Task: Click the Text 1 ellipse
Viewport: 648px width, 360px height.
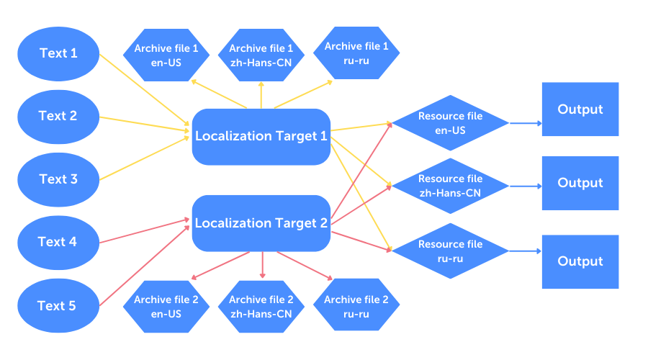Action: pos(58,54)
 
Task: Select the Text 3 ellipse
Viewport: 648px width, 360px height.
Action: pos(58,179)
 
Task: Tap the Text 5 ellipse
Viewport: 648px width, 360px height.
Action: pos(58,305)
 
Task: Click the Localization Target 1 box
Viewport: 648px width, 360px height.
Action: pos(261,137)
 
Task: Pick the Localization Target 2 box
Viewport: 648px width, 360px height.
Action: pos(261,223)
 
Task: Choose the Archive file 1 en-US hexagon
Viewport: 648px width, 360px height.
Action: pos(166,55)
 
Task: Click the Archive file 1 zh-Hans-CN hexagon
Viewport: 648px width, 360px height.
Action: pos(261,55)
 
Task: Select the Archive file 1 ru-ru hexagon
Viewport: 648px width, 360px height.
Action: pos(356,53)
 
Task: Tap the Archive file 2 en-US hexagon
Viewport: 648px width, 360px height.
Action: pos(166,307)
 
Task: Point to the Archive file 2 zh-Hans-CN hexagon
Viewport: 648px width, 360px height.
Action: pos(261,307)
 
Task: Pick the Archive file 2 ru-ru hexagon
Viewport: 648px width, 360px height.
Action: pos(356,305)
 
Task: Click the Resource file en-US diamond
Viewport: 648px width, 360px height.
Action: pos(451,123)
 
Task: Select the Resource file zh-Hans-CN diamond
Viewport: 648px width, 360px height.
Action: pos(451,186)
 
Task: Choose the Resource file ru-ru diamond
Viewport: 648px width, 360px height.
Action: pos(451,251)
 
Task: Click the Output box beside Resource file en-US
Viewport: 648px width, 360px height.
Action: pos(580,109)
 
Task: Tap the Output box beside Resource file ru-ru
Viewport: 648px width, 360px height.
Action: pos(580,261)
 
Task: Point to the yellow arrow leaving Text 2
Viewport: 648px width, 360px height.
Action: pos(145,125)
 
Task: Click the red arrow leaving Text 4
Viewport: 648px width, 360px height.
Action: pos(145,231)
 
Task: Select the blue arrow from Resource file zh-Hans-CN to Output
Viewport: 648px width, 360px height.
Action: pos(526,186)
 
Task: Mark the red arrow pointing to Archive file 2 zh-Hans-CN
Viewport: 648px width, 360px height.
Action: pos(262,265)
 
